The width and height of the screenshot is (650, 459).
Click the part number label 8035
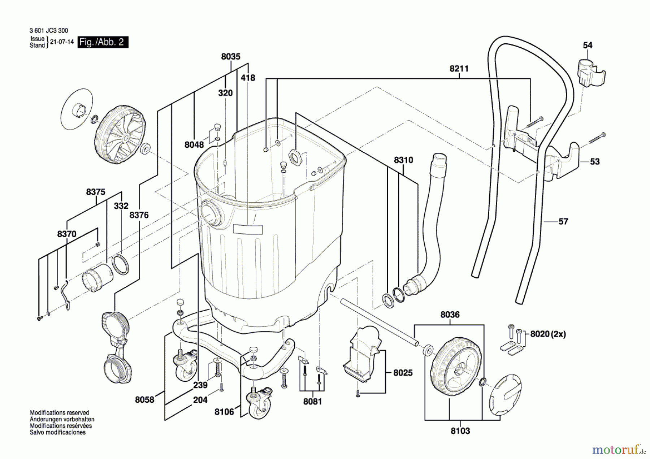pyautogui.click(x=231, y=57)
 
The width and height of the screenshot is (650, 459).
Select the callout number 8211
pyautogui.click(x=459, y=69)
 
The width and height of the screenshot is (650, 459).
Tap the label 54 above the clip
pyautogui.click(x=588, y=46)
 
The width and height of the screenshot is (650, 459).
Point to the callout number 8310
pyautogui.click(x=403, y=160)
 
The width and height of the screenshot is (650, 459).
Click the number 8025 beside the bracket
pyautogui.click(x=403, y=373)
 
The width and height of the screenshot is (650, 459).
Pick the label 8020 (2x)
pyautogui.click(x=548, y=334)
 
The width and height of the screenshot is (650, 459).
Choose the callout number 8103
pyautogui.click(x=460, y=431)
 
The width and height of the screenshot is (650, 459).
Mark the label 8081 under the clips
pyautogui.click(x=312, y=402)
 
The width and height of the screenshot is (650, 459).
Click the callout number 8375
pyautogui.click(x=96, y=192)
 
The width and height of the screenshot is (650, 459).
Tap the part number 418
pyautogui.click(x=248, y=78)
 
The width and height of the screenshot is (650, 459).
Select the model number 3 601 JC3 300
pyautogui.click(x=49, y=31)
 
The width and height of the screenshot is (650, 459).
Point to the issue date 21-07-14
pyautogui.click(x=62, y=42)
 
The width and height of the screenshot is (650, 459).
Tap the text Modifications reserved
pyautogui.click(x=59, y=412)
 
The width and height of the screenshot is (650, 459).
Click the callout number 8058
pyautogui.click(x=144, y=400)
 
